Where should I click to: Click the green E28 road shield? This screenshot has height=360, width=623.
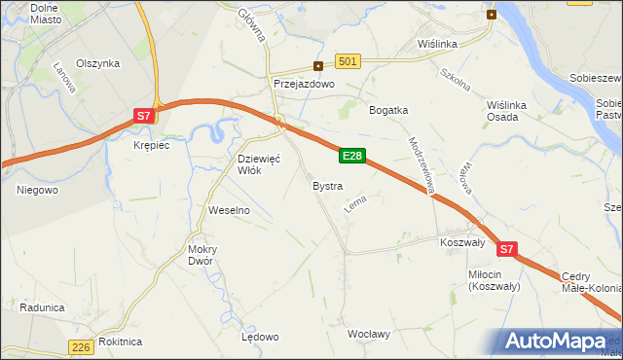(x=352, y=156)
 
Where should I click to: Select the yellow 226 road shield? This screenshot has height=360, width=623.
(x=82, y=346)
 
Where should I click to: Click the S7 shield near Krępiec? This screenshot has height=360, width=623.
(x=143, y=116)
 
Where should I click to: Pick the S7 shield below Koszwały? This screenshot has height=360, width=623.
(x=506, y=250)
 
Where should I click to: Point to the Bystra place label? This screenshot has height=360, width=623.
(x=327, y=185)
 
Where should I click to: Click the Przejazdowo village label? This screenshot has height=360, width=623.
(x=304, y=85)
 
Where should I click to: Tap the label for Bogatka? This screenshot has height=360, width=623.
(x=387, y=110)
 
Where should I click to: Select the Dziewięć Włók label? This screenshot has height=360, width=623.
(x=260, y=163)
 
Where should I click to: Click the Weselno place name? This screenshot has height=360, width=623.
(x=230, y=210)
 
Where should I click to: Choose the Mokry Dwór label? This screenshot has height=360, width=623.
(x=202, y=254)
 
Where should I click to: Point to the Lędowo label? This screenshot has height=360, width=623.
(x=260, y=337)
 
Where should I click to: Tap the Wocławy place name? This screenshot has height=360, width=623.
(x=369, y=334)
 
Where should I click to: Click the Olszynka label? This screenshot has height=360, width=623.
(x=97, y=63)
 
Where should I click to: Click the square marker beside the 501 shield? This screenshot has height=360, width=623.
(x=318, y=66)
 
